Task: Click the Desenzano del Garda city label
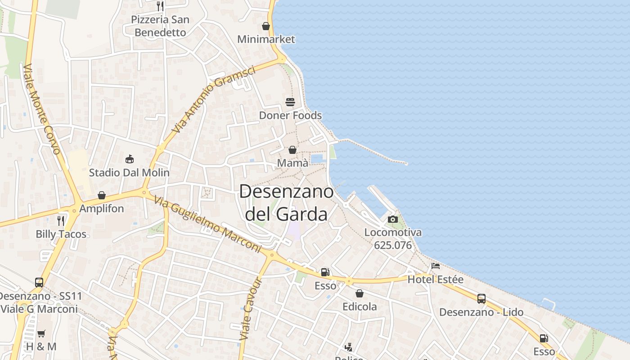coord(287,203)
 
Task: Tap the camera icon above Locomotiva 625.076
coord(393,219)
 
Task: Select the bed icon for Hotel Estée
coord(435,266)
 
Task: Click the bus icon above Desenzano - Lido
coord(481,299)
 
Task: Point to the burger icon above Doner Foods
coord(290,102)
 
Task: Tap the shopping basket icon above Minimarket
coord(266,26)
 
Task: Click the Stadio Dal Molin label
coord(129,172)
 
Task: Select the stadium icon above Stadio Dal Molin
coord(129,159)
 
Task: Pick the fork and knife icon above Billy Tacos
coord(61,220)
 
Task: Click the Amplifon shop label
coord(101,209)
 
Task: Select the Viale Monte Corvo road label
coord(41,109)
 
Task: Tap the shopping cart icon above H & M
coord(41,333)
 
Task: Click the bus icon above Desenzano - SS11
coord(39,283)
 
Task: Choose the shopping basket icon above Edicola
coord(360,293)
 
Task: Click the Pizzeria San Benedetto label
coord(160,26)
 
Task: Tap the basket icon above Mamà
coord(292,150)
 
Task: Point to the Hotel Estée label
coord(435,279)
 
